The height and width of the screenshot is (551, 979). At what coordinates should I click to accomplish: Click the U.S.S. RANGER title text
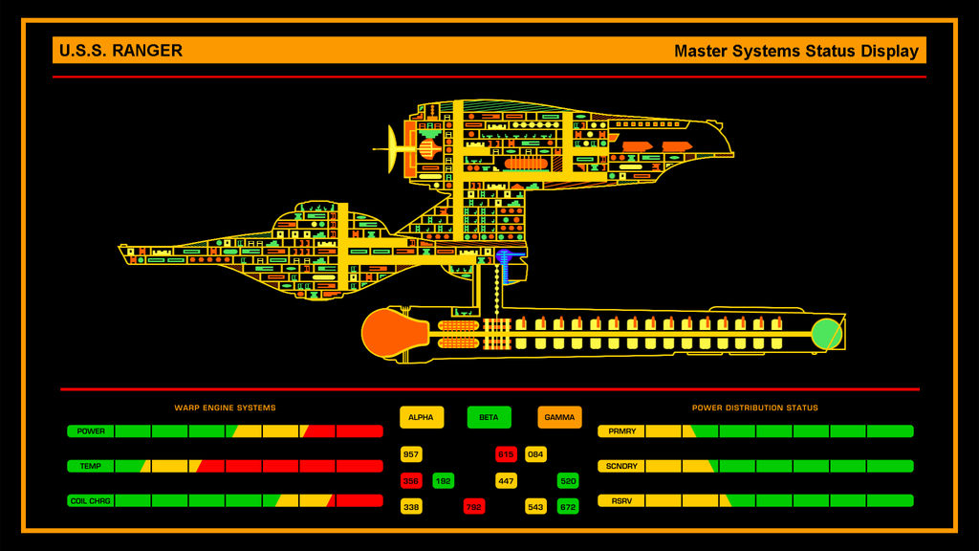[x=120, y=51]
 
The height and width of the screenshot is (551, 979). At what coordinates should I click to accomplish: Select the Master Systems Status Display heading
[x=795, y=52]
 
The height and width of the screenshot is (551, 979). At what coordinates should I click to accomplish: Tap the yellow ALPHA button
[x=421, y=417]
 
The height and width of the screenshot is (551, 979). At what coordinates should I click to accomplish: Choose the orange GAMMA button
[x=559, y=417]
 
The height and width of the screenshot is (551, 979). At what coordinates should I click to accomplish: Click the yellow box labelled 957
[x=411, y=454]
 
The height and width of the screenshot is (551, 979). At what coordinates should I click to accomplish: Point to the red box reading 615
[x=506, y=454]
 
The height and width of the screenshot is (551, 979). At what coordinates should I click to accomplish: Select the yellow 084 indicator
[x=535, y=454]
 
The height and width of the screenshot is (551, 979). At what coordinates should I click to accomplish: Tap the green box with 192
[x=444, y=480]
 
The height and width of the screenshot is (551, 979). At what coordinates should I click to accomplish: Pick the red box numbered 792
[x=474, y=506]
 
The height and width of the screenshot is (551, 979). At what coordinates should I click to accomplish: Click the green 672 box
[x=568, y=506]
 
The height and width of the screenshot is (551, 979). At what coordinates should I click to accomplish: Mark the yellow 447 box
[x=506, y=480]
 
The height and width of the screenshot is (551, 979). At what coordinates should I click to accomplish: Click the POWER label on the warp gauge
[x=91, y=431]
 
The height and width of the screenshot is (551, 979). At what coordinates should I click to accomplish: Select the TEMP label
[x=91, y=466]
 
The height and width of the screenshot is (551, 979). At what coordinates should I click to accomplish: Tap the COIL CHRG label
[x=91, y=500]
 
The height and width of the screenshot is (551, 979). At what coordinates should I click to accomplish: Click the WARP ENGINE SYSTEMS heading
[x=225, y=408]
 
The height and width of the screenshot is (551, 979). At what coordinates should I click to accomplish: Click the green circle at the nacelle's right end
[x=826, y=334]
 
